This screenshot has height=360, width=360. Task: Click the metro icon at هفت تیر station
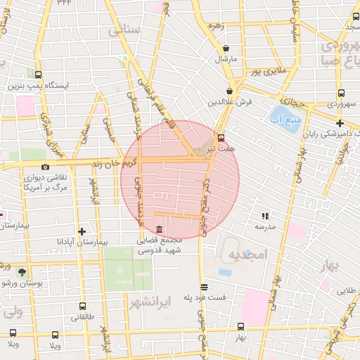tap(222, 137)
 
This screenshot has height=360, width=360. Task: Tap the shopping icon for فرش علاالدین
tap(230, 91)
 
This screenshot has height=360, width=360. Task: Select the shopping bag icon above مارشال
tap(226, 49)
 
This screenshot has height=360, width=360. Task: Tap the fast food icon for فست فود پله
tap(204, 286)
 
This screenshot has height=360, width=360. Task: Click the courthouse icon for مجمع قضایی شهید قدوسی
tap(159, 229)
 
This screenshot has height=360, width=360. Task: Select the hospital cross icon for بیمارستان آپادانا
tap(82, 231)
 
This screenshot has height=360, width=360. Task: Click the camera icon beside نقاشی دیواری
tap(46, 167)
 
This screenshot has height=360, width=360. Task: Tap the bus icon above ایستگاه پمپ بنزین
tap(37, 75)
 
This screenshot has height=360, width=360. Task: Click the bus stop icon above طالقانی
tap(83, 306)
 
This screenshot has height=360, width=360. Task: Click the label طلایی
tap(347, 290)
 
